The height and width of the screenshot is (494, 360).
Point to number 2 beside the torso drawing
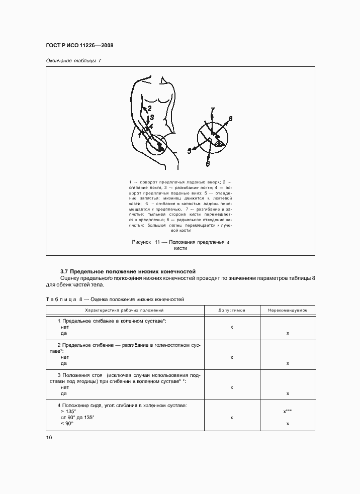coord(149,108)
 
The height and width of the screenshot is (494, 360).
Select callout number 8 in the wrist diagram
coord(230,119)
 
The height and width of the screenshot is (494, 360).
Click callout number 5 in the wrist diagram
coord(190,150)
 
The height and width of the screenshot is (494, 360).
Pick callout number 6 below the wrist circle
coord(207,164)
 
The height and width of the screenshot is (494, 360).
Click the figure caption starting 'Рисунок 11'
coord(180,245)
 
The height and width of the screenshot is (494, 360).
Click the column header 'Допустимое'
coord(231,310)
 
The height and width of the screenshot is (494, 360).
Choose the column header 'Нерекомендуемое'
coord(287,310)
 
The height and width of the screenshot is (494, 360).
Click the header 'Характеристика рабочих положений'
coord(125,310)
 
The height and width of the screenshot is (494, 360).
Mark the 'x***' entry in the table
coord(288,411)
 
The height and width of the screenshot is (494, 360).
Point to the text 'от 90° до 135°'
coord(77,418)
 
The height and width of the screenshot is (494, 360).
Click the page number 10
coord(49,437)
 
